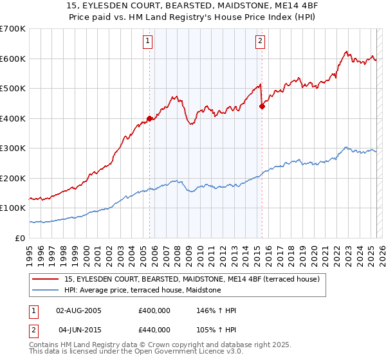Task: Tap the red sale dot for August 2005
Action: coord(149,118)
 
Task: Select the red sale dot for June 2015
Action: coord(262,107)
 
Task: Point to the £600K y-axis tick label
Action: coord(12,59)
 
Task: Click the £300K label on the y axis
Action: coord(12,148)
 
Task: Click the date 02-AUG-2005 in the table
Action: coord(79,310)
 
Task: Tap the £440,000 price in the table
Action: coord(154,329)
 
